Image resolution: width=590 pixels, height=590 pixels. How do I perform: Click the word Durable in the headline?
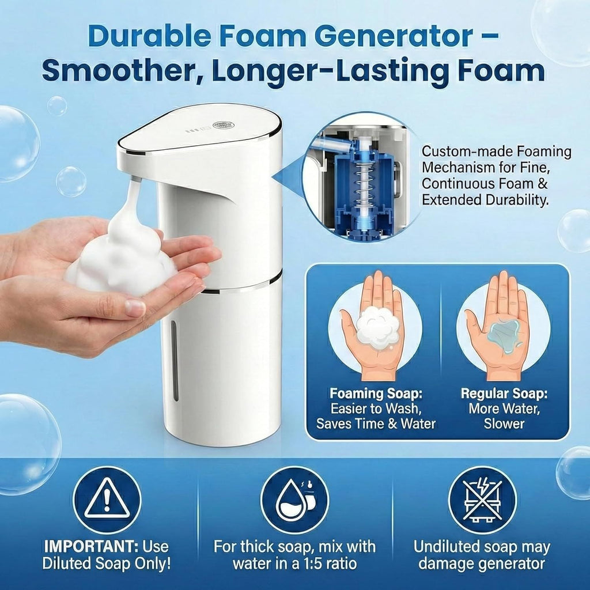pyautogui.click(x=149, y=36)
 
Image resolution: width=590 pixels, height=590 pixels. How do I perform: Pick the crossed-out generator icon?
pyautogui.click(x=482, y=500)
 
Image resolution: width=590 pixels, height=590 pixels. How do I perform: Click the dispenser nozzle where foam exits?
pyautogui.click(x=136, y=180)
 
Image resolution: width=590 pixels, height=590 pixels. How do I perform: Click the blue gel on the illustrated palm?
pyautogui.click(x=504, y=336)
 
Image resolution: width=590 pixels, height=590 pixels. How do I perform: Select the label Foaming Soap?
pyautogui.click(x=376, y=394)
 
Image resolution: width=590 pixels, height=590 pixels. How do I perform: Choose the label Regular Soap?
pyautogui.click(x=504, y=394)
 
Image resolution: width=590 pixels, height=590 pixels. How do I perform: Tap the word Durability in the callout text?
pyautogui.click(x=517, y=200)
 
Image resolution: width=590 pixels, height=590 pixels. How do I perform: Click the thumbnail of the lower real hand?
pyautogui.click(x=135, y=308)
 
